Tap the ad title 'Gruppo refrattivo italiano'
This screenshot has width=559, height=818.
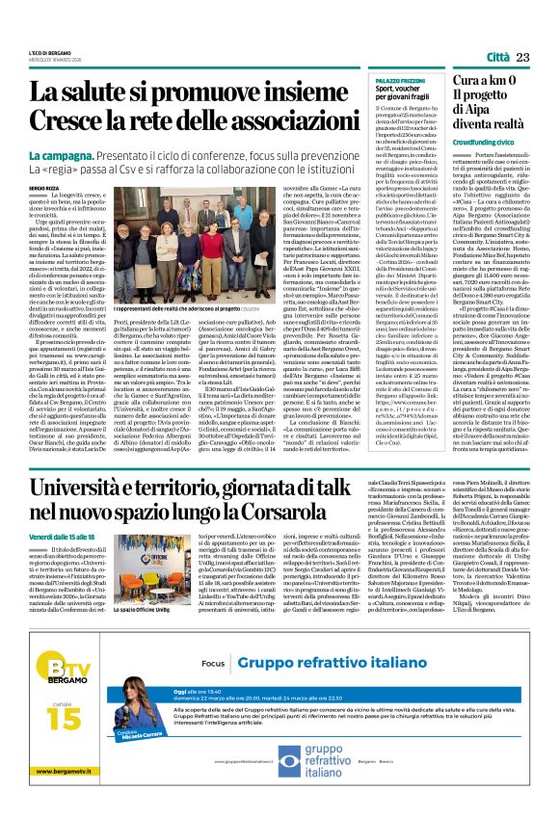point(330,690)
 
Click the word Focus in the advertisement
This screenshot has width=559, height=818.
point(214,691)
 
